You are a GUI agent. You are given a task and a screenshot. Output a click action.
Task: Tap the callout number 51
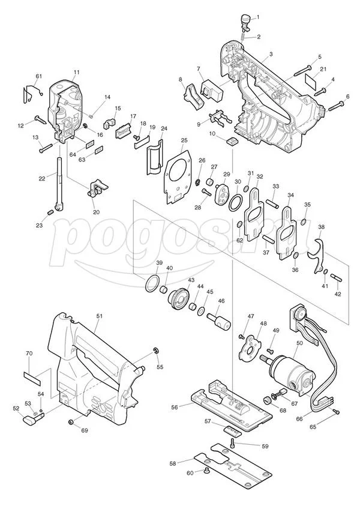coord(99,316)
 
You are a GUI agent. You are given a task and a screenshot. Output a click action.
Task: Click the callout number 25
coord(184,140)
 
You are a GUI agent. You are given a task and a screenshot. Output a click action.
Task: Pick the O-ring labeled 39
coord(152,284)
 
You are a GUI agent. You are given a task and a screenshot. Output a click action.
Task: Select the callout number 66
coord(299,419)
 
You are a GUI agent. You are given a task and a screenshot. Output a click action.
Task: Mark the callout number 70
coord(29,354)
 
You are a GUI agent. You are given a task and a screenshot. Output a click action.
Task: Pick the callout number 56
coord(175,407)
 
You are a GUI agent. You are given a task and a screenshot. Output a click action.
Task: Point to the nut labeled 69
coord(71,421)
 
